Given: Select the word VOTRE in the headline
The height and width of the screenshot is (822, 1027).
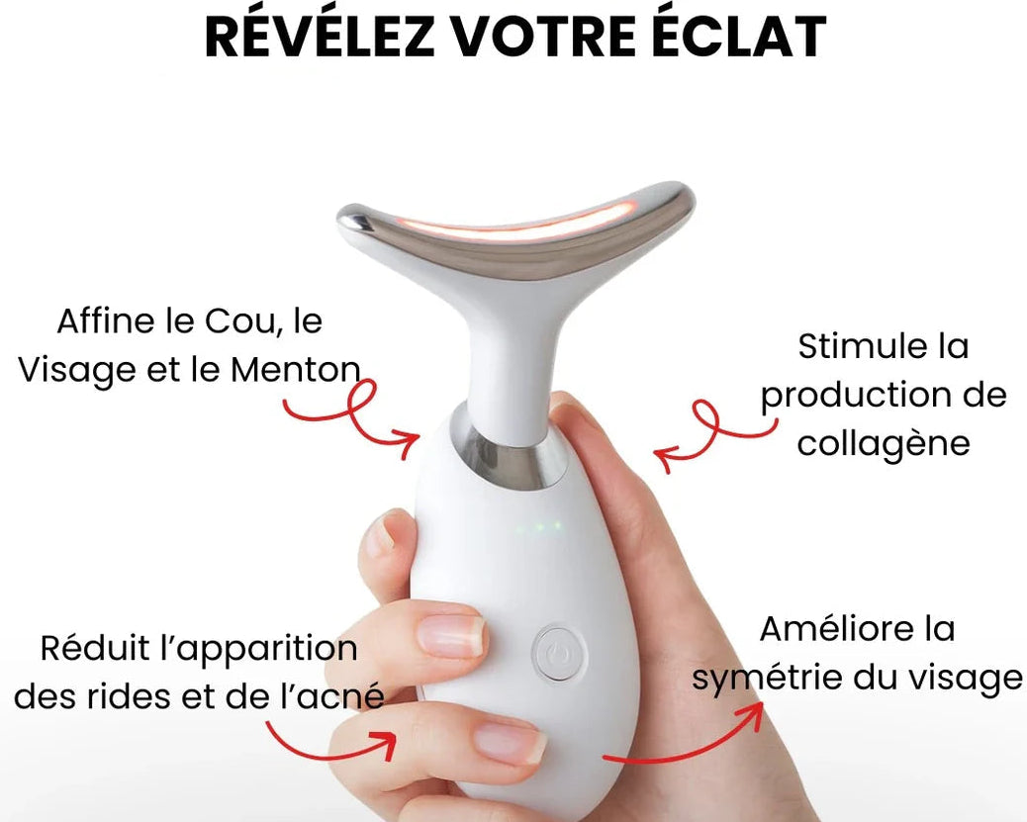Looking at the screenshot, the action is (543, 37).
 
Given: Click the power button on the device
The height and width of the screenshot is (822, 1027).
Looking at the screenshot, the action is (559, 653).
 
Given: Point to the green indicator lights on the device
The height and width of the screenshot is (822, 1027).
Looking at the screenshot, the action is (538, 526).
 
